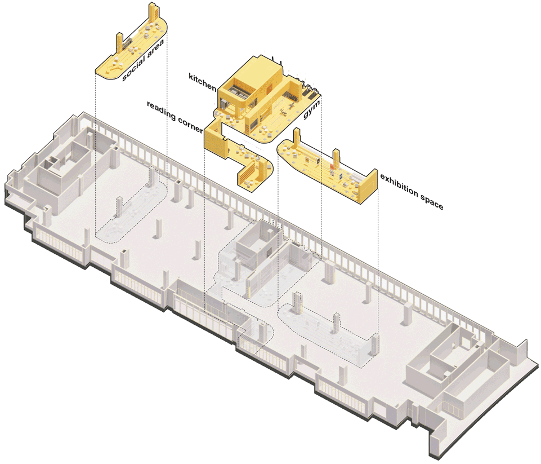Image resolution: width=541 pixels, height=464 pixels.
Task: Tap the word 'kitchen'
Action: pyautogui.click(x=203, y=82)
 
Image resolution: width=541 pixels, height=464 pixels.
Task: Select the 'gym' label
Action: pyautogui.click(x=311, y=109)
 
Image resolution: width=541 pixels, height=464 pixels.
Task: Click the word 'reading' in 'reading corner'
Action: pyautogui.click(x=161, y=111)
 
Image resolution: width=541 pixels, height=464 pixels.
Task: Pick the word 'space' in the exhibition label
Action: pyautogui.click(x=432, y=202)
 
